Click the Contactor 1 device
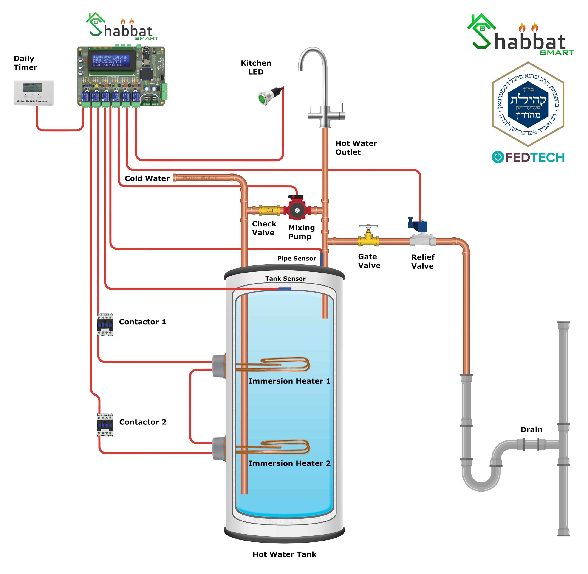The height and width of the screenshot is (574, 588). click(105, 325)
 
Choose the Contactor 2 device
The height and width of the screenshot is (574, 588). click(105, 425)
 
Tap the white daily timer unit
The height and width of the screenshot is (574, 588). click(34, 92)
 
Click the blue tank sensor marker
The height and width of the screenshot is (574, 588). click(285, 289)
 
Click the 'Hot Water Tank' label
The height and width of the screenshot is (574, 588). click(284, 554)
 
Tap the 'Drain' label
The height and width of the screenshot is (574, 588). click(531, 430)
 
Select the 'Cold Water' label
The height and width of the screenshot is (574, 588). click(147, 178)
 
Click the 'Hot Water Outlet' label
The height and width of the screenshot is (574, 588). click(356, 148)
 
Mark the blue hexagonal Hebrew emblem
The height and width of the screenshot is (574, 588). click(528, 100)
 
